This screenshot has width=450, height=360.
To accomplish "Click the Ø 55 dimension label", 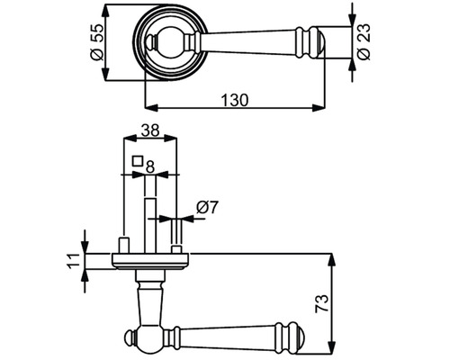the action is tap(96, 41).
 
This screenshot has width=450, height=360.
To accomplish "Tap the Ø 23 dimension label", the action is tap(364, 41).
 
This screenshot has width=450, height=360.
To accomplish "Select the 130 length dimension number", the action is tap(235, 100).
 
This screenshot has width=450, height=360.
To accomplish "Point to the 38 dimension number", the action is tap(150, 130).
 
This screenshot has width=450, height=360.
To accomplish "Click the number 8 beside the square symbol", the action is tap(149, 166).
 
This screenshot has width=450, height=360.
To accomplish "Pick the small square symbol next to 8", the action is tap(138, 161).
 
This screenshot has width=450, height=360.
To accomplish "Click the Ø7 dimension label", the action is tap(207, 207).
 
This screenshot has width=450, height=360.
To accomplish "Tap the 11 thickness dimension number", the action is tap(74, 262).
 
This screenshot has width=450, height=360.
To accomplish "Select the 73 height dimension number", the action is tap(321, 304).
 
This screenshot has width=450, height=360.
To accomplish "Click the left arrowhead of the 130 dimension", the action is tap(151, 108).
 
